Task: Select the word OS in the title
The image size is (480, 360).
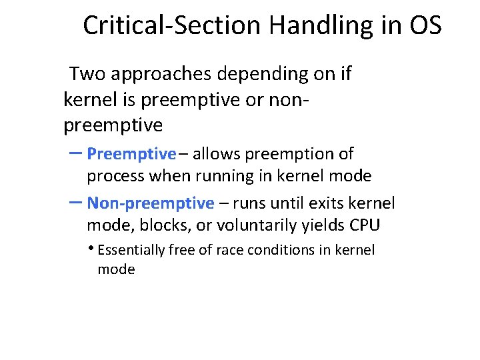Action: click(x=425, y=25)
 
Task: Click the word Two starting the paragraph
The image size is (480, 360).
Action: click(x=87, y=73)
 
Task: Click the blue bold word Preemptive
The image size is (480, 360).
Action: click(x=131, y=154)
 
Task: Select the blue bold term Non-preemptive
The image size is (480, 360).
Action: click(x=151, y=203)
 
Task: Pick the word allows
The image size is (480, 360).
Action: click(x=217, y=154)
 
